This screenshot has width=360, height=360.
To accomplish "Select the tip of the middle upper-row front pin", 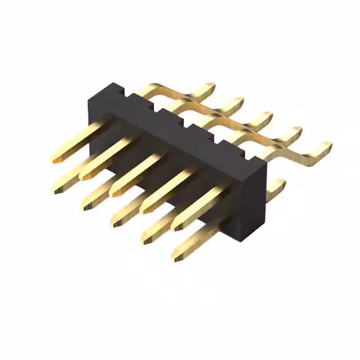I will click(114, 193).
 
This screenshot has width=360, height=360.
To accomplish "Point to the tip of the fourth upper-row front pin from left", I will click(144, 210).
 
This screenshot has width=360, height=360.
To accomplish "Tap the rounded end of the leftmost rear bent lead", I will click(211, 87).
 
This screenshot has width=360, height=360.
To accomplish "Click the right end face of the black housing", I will click(254, 202).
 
